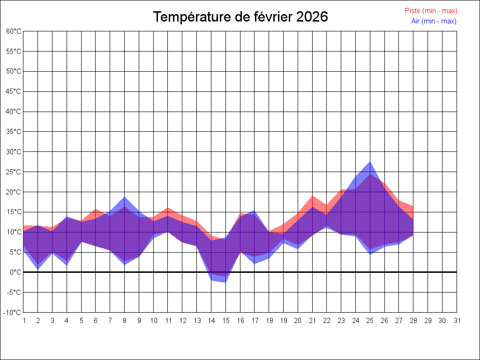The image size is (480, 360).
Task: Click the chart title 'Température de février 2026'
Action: point(240,17)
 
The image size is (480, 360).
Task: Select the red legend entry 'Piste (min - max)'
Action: point(431,11)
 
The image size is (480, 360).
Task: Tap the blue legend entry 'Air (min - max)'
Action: point(434,21)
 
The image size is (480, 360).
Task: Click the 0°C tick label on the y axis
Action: point(16,272)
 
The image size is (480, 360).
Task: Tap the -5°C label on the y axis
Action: point(15,292)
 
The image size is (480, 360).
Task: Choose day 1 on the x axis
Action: point(24,321)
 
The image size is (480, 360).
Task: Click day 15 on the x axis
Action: point(225,321)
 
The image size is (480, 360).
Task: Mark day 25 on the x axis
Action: point(370,321)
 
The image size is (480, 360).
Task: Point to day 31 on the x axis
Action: point(457,321)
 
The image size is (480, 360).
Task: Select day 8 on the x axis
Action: point(125,321)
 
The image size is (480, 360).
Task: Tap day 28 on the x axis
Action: point(413,321)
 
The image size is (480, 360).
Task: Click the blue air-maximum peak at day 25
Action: point(370,162)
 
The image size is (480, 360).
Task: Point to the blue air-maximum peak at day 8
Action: point(125,197)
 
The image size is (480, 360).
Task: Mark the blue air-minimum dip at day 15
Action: point(225,282)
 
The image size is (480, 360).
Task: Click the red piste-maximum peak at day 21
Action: point(313,196)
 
